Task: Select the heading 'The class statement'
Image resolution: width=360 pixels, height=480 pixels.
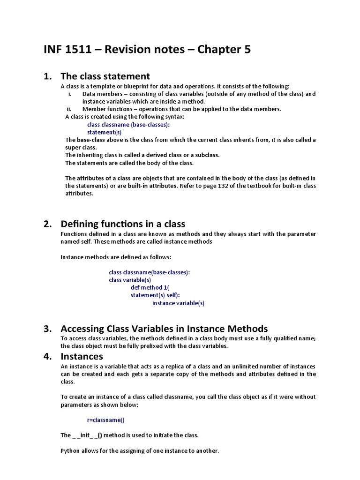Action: point(105,76)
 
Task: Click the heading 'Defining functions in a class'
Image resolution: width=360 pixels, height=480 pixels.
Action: point(123,224)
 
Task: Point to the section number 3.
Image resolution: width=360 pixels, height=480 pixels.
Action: point(47,329)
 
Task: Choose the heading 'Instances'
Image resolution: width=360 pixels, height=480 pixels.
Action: point(82,356)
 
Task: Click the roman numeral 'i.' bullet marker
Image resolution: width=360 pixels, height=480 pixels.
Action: point(70,94)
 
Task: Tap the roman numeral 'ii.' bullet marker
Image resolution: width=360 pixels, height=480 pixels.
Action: point(70,109)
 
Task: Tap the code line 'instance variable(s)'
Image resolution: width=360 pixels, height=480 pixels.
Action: point(178,303)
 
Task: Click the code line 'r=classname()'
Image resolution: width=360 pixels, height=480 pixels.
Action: point(106,420)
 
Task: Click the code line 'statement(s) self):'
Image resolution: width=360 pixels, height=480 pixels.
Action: point(155,295)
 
